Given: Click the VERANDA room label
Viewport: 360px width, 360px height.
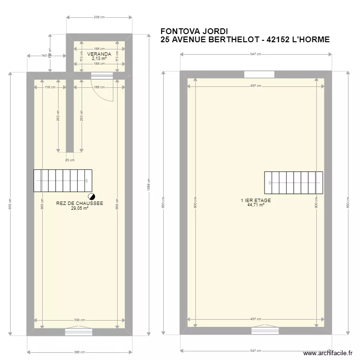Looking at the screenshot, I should pyautogui.click(x=99, y=54).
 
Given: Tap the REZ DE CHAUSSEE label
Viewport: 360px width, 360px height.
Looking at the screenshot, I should pyautogui.click(x=80, y=204).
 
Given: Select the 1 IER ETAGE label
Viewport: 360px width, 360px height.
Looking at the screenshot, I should pyautogui.click(x=256, y=200).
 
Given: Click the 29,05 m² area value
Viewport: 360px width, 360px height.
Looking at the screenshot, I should pyautogui.click(x=80, y=208).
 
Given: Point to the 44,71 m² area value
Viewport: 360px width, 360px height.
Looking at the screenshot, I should pyautogui.click(x=256, y=205).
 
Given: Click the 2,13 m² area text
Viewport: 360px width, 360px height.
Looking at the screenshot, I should pyautogui.click(x=99, y=59).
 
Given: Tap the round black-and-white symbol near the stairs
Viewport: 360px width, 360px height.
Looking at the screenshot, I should pyautogui.click(x=91, y=196).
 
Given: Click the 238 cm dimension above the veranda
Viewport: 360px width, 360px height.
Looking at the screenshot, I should pyautogui.click(x=99, y=17).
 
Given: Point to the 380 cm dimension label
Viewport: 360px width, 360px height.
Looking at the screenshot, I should pyautogui.click(x=80, y=351).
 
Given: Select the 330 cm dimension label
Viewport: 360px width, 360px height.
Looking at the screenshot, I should pyautogui.click(x=80, y=320).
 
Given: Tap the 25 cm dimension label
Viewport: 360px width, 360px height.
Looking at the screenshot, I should pyautogui.click(x=70, y=160).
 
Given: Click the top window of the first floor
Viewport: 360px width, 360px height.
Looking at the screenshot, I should pyautogui.click(x=259, y=74).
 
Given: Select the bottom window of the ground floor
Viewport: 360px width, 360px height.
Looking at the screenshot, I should pyautogui.click(x=80, y=331).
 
